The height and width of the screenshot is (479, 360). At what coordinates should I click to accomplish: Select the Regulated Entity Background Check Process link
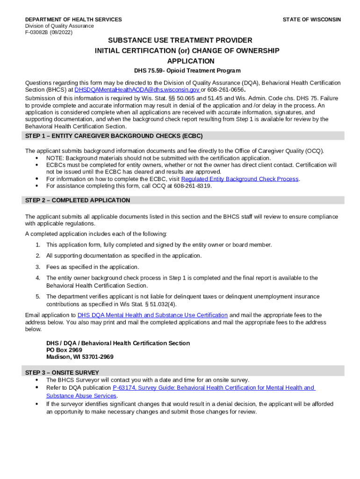click(x=240, y=179)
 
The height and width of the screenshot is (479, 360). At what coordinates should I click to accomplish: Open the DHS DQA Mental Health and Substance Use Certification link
click(x=152, y=315)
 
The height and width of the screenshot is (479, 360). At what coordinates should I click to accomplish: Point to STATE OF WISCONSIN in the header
click(x=311, y=20)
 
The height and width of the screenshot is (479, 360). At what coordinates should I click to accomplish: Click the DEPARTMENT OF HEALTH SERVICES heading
click(x=73, y=20)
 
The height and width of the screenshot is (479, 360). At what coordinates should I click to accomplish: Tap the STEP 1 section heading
click(x=114, y=136)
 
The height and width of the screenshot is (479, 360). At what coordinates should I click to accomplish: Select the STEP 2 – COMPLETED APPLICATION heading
click(x=78, y=200)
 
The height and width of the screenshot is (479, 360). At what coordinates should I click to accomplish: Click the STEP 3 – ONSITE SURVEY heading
click(x=62, y=373)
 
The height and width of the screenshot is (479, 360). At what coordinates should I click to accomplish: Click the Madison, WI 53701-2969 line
click(x=79, y=357)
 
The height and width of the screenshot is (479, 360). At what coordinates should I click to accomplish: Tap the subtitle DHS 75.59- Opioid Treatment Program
click(x=187, y=71)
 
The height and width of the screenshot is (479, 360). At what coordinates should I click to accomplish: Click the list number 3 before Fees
click(x=37, y=267)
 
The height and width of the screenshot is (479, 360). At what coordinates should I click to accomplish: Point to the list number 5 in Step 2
click(x=37, y=297)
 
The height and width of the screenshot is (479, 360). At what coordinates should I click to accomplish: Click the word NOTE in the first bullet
click(x=55, y=158)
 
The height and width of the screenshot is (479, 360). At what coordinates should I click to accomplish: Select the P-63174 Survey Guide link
click(x=213, y=388)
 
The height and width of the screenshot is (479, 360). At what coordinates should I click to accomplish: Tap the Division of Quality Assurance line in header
click(x=59, y=26)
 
